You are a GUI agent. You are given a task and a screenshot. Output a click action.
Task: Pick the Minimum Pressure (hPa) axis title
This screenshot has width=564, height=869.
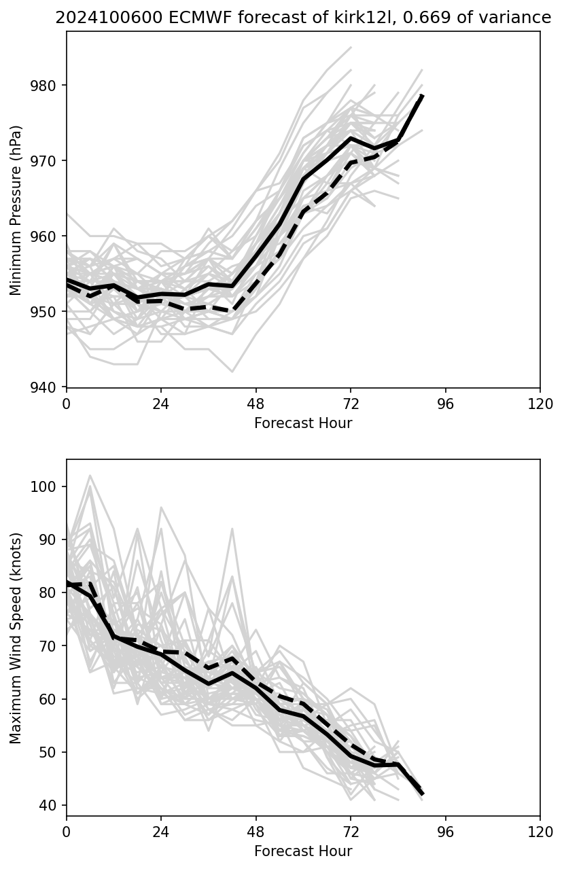point(16,210)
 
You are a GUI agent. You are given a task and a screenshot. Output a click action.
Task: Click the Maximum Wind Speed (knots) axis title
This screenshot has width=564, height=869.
point(16,637)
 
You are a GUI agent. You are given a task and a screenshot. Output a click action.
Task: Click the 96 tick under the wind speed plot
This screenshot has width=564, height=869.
point(446,832)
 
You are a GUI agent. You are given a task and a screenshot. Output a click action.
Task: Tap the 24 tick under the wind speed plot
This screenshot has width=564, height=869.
point(161,832)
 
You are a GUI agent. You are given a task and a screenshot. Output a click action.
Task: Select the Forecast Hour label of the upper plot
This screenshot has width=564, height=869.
point(303,423)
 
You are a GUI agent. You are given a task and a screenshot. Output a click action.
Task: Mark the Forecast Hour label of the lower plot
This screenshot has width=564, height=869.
point(303,851)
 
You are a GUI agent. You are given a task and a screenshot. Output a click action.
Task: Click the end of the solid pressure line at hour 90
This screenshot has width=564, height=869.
point(422,96)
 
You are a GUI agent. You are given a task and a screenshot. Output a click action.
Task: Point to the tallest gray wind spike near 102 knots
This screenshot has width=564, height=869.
point(90,476)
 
